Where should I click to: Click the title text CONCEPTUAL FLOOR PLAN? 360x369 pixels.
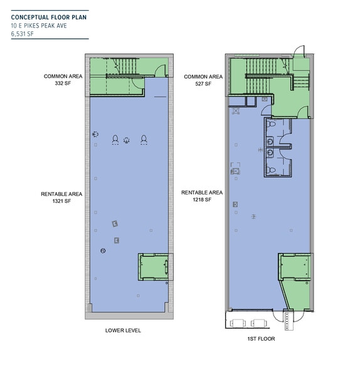(x=49, y=18)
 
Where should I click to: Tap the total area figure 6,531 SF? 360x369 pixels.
(x=23, y=35)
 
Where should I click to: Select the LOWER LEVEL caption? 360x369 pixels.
(x=123, y=330)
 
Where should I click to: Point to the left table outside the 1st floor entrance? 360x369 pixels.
(x=238, y=323)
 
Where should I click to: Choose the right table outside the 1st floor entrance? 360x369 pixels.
(x=258, y=323)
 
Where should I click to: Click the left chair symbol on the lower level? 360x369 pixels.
(x=115, y=139)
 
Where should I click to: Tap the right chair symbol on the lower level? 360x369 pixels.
(x=144, y=139)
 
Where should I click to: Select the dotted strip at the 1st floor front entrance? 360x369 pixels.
(x=288, y=319)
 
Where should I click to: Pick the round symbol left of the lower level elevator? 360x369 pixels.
(x=103, y=252)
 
